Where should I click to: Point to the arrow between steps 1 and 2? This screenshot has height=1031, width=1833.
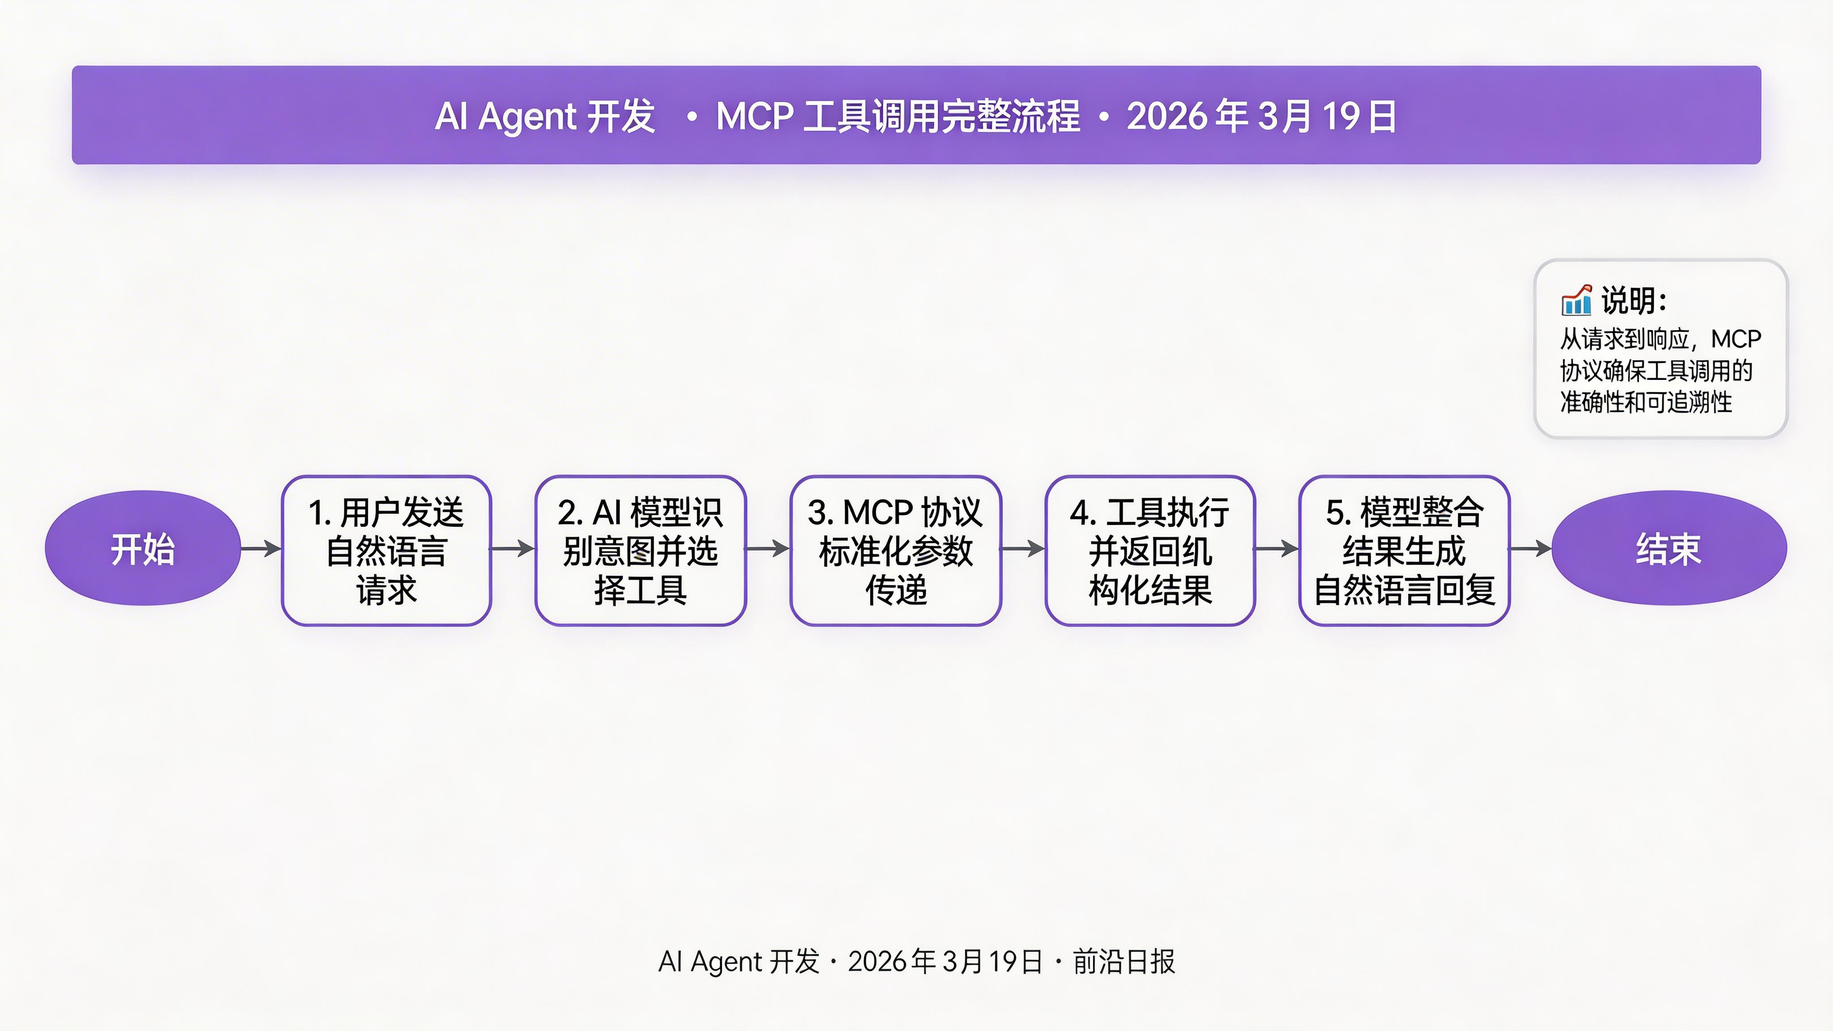click(513, 549)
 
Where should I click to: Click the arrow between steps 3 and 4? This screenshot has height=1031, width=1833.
click(1023, 549)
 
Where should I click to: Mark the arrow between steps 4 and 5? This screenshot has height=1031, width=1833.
click(1277, 549)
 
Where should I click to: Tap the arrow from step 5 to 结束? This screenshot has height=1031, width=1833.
click(1530, 549)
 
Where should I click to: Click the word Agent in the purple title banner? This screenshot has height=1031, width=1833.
click(527, 117)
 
